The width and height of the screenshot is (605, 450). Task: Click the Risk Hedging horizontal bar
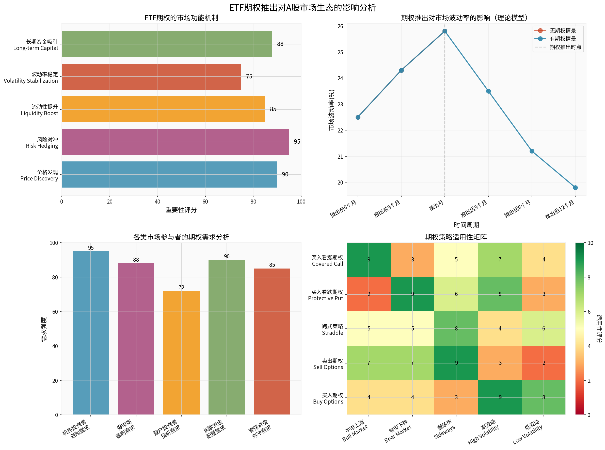pos(175,142)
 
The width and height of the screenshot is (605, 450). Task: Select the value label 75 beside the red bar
pos(249,77)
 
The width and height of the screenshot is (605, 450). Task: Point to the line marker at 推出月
pos(444,31)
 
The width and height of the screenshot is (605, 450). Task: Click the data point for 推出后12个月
pos(575,188)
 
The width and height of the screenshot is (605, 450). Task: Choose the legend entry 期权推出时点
pos(565,47)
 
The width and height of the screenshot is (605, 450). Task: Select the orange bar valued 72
pos(181,353)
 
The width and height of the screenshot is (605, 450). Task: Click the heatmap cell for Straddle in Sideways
pos(456,328)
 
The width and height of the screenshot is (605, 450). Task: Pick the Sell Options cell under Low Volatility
pos(544,363)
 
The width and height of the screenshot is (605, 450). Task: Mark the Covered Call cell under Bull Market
pos(369,260)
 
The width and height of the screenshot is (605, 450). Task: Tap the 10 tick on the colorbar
pos(590,243)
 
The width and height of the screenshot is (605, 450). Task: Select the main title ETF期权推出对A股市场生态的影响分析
pos(302,7)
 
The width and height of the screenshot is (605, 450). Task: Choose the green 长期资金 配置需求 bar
pos(227,337)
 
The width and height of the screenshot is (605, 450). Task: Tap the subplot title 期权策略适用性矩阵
pos(456,237)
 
